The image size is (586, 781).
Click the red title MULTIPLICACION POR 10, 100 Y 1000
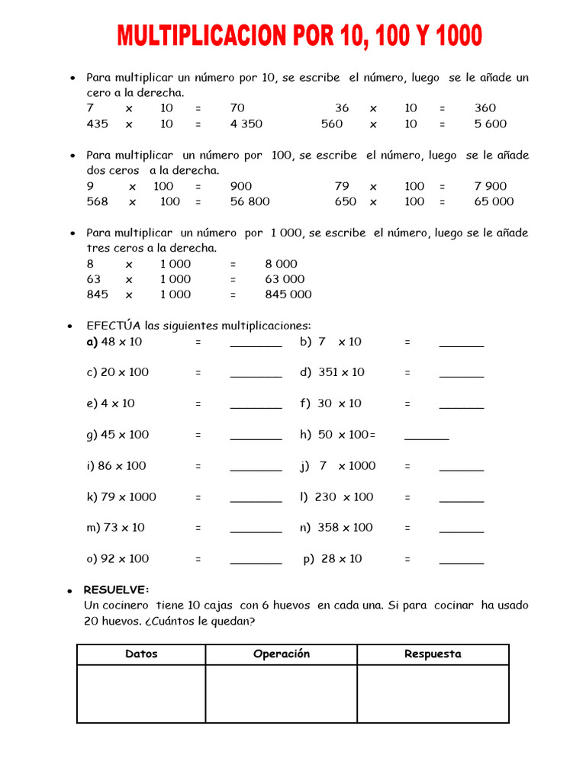click(299, 36)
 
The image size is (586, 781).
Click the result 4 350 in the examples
click(246, 124)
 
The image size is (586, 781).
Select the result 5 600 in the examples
click(490, 124)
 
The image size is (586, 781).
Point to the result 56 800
click(250, 201)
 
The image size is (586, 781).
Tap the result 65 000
click(494, 201)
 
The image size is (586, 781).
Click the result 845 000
click(288, 294)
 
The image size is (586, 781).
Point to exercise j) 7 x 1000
click(338, 466)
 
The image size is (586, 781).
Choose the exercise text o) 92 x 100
click(118, 559)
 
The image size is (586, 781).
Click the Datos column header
click(141, 654)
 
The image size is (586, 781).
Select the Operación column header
click(282, 654)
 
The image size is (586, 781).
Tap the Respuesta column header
click(433, 654)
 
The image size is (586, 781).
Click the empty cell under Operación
click(282, 693)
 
